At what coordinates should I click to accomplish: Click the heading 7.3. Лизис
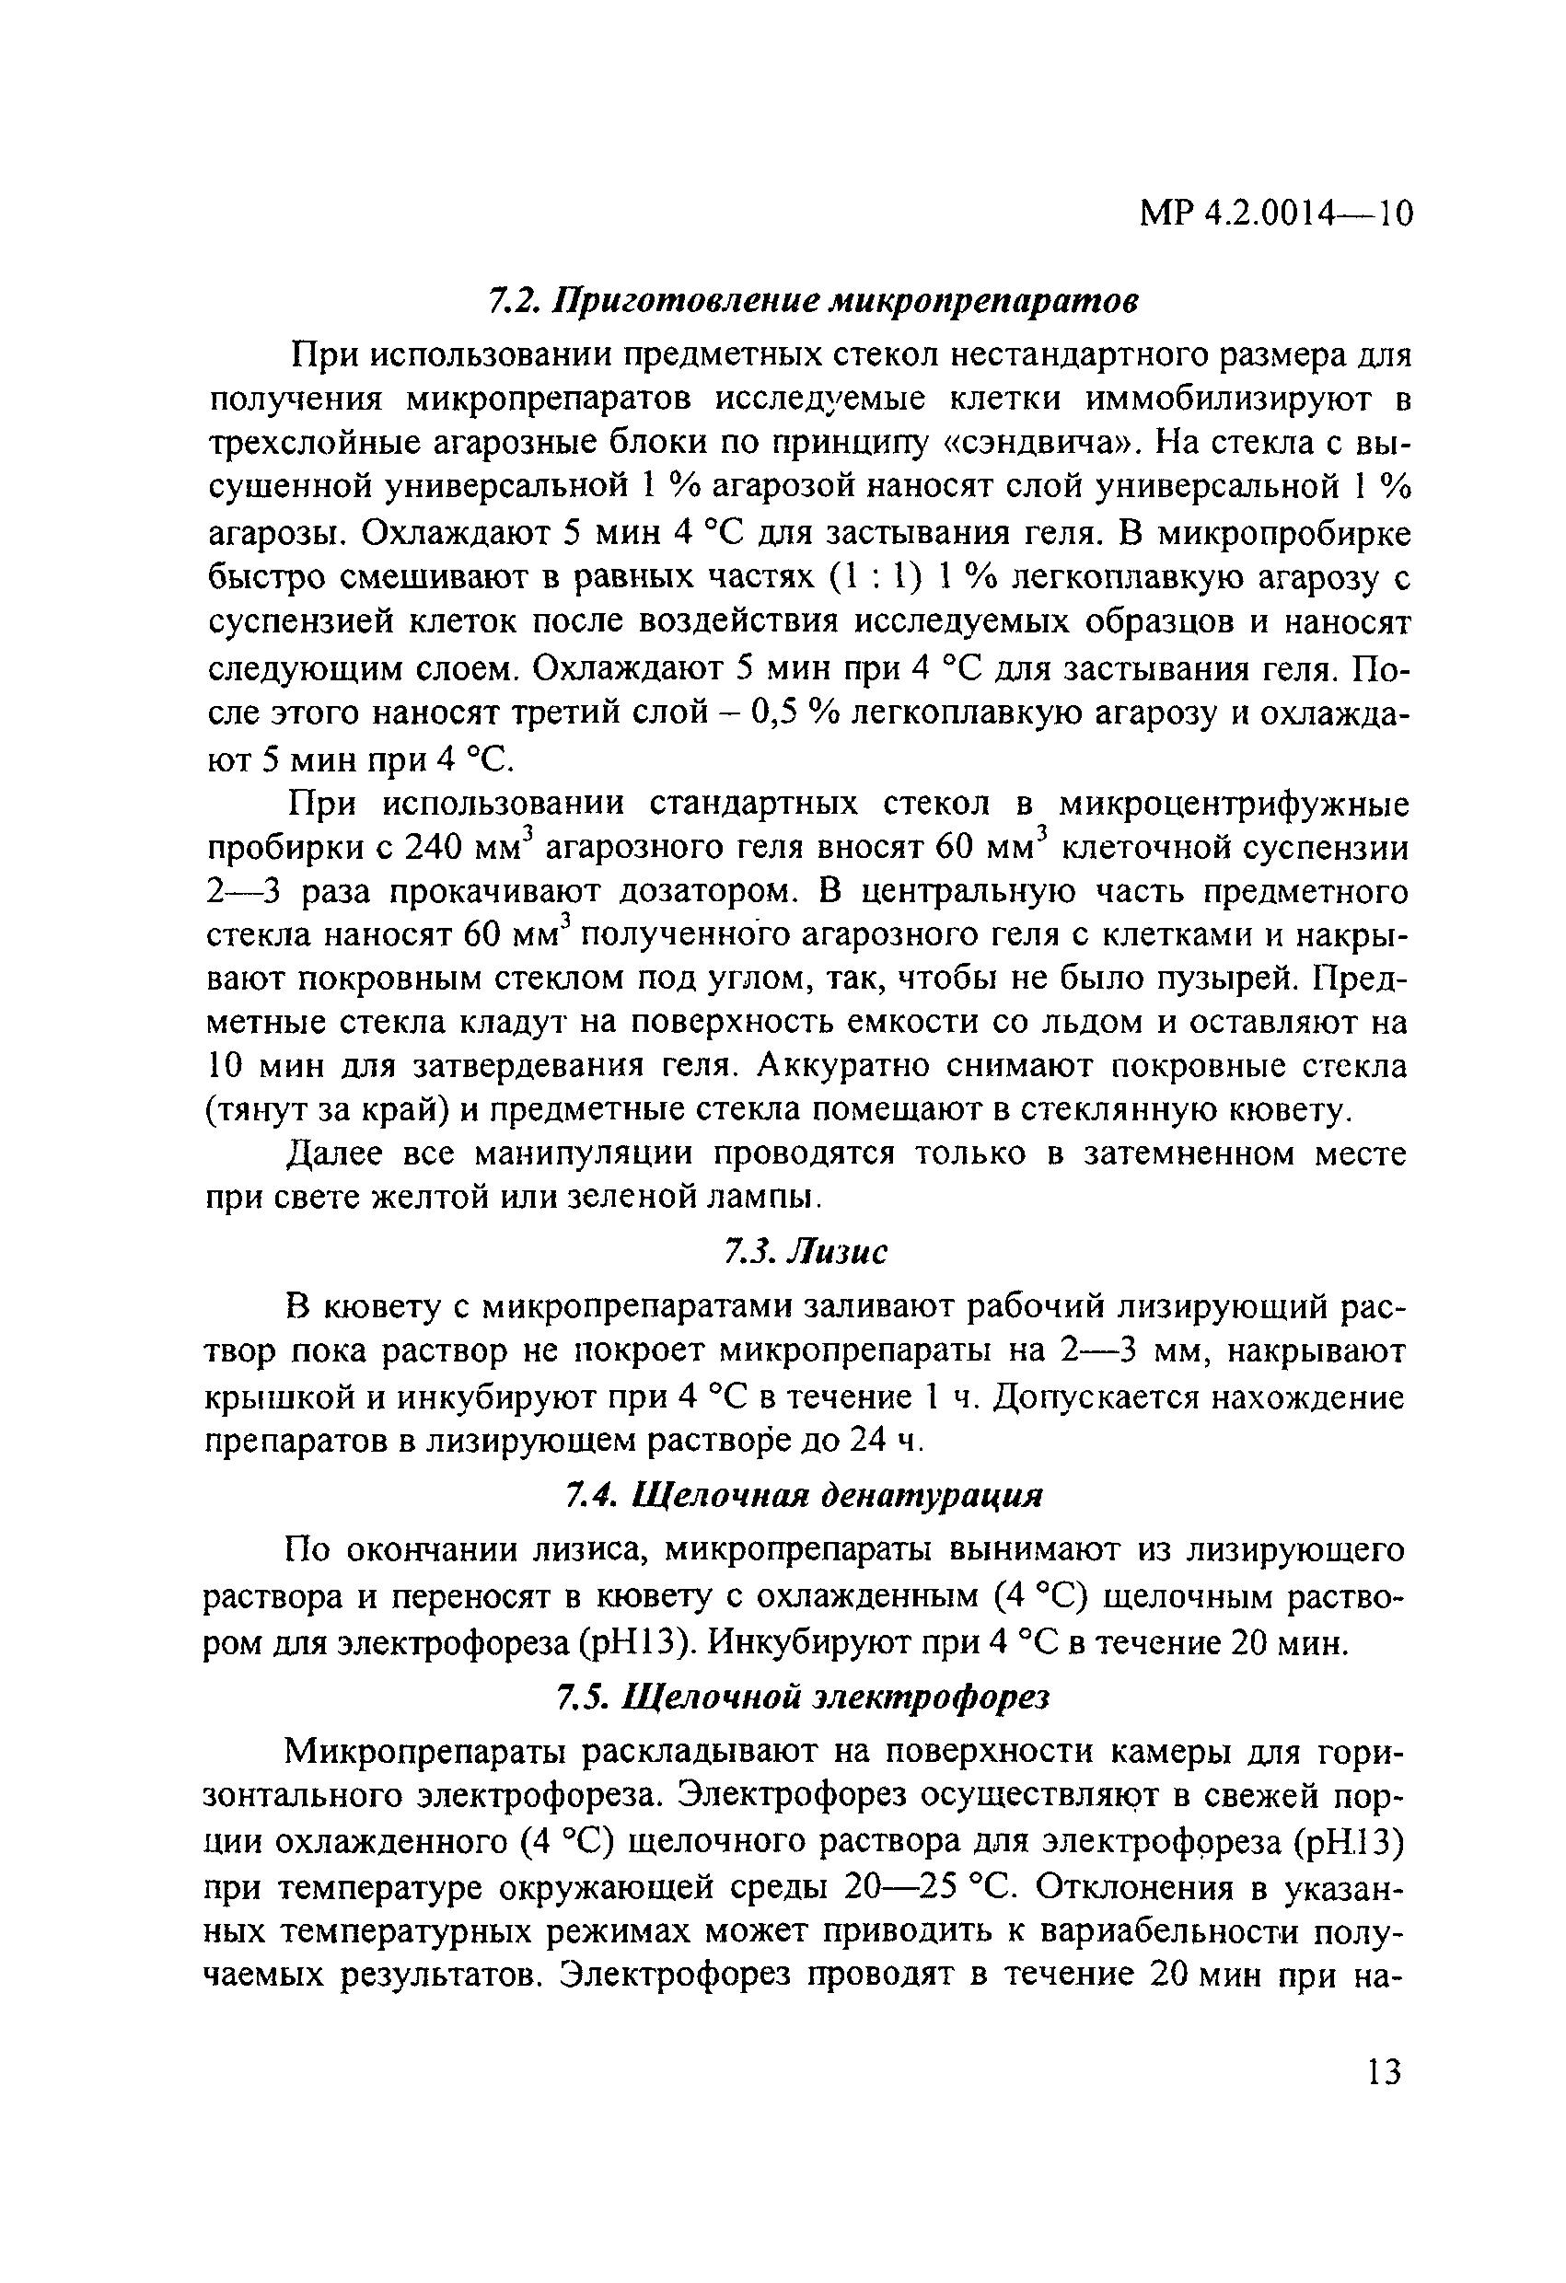pos(806,1252)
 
